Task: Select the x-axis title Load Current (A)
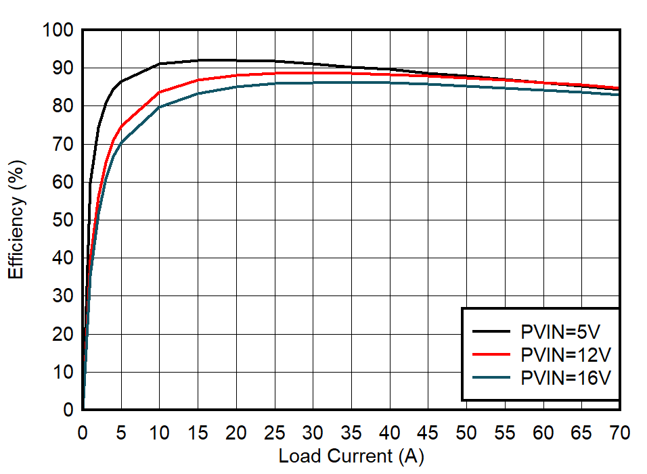[x=351, y=456]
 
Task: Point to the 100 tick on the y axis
[x=57, y=30]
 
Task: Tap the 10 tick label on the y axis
[x=62, y=372]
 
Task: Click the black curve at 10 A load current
[x=159, y=64]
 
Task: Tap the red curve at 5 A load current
[x=121, y=126]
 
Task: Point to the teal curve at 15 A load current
[x=198, y=93]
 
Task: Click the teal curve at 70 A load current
[x=619, y=95]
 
